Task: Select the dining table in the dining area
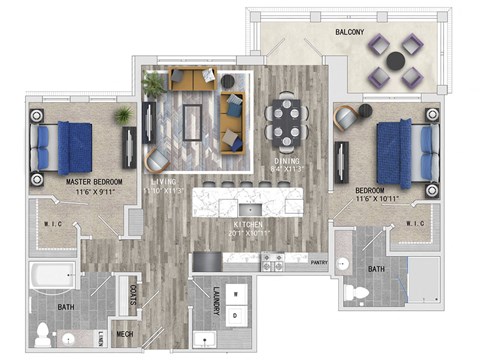(x=287, y=122)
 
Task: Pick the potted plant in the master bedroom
(x=123, y=117)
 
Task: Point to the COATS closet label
(x=134, y=296)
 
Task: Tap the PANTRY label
(x=319, y=263)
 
